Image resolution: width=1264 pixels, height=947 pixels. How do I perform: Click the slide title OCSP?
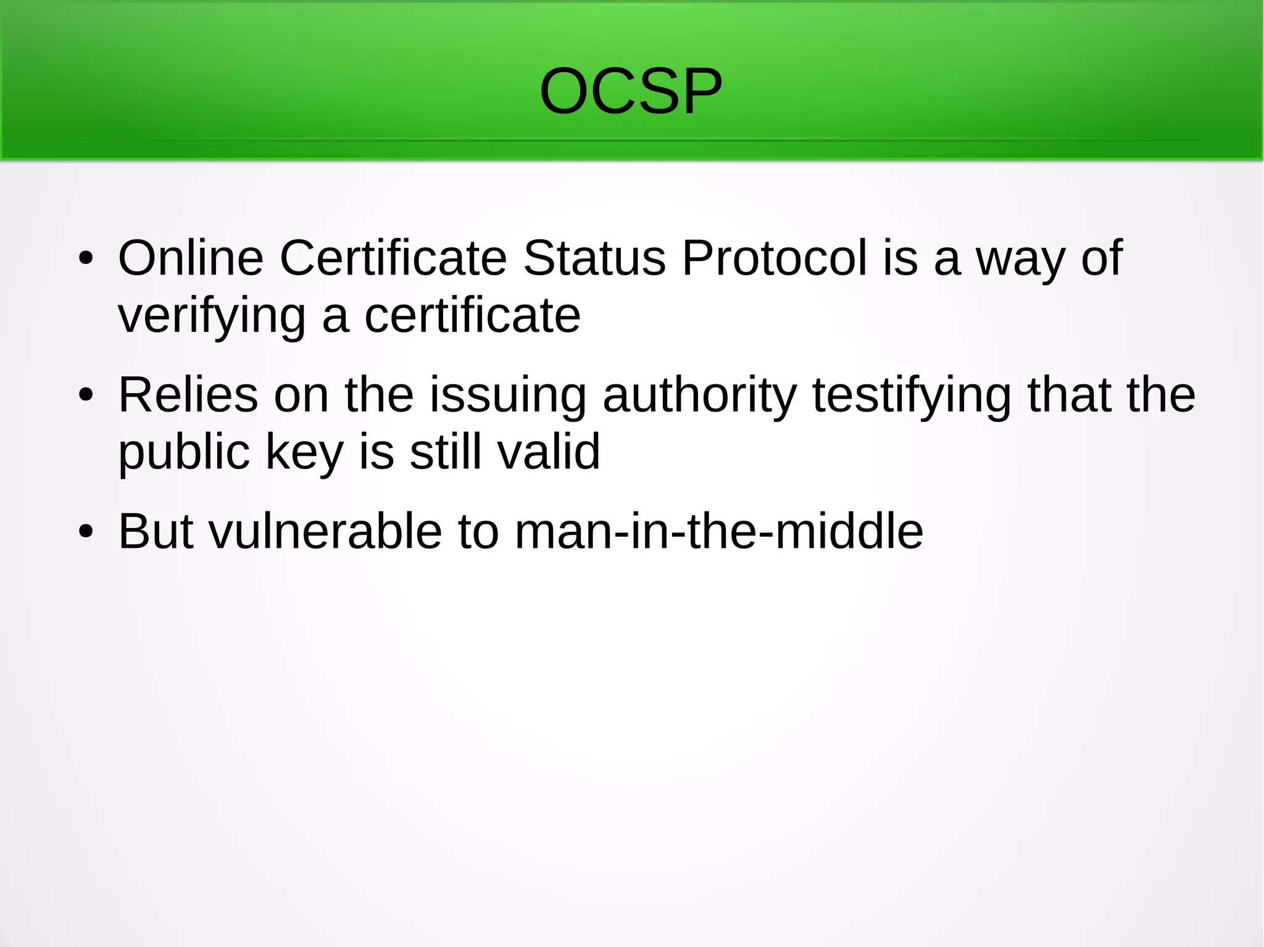click(x=631, y=91)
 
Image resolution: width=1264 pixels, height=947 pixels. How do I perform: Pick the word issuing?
click(x=508, y=395)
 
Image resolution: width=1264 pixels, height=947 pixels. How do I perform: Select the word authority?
click(x=699, y=395)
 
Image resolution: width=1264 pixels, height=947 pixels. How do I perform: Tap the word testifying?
click(x=912, y=395)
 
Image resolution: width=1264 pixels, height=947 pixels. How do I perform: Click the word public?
click(x=184, y=452)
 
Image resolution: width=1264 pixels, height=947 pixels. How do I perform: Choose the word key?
click(x=304, y=452)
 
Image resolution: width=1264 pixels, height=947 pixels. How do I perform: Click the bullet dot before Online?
click(x=86, y=258)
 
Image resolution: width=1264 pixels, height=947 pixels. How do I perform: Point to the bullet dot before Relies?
click(x=86, y=395)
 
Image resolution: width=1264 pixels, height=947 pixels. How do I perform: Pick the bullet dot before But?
click(x=86, y=532)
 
